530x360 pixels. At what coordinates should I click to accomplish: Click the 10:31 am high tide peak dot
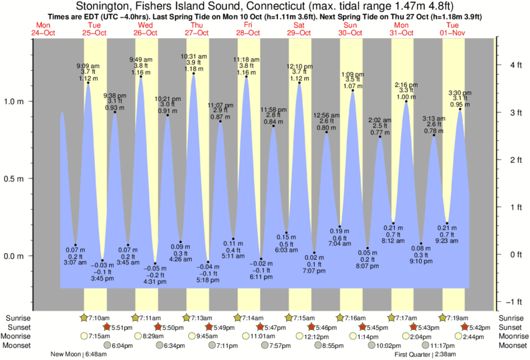pyautogui.click(x=194, y=73)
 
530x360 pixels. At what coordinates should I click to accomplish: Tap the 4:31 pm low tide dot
pyautogui.click(x=155, y=263)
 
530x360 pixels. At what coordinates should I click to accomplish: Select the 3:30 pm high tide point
pyautogui.click(x=460, y=109)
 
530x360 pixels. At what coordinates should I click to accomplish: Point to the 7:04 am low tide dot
pyautogui.click(x=340, y=226)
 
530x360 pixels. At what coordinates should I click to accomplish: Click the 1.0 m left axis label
pyautogui.click(x=14, y=102)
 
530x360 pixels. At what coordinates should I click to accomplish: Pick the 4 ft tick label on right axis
pyautogui.click(x=516, y=65)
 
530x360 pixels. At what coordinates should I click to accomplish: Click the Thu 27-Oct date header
pyautogui.click(x=196, y=29)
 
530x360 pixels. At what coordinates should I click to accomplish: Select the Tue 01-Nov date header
pyautogui.click(x=452, y=29)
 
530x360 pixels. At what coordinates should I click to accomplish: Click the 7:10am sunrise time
pyautogui.click(x=99, y=318)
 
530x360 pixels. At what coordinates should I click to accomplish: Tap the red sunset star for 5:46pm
pyautogui.click(x=311, y=327)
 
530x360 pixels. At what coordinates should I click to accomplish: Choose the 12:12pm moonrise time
pyautogui.click(x=317, y=337)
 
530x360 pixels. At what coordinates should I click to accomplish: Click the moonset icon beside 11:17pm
pyautogui.click(x=426, y=345)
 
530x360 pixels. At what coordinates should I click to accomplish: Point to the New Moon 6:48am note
pyautogui.click(x=79, y=354)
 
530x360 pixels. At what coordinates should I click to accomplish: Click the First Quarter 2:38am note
pyautogui.click(x=425, y=355)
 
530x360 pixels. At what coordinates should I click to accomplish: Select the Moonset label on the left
pyautogui.click(x=16, y=345)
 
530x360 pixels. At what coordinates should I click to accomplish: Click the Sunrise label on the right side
pyautogui.click(x=511, y=318)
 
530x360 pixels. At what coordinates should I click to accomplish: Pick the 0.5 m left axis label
pyautogui.click(x=14, y=178)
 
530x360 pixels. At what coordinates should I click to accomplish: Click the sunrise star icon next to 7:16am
pyautogui.click(x=340, y=318)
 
